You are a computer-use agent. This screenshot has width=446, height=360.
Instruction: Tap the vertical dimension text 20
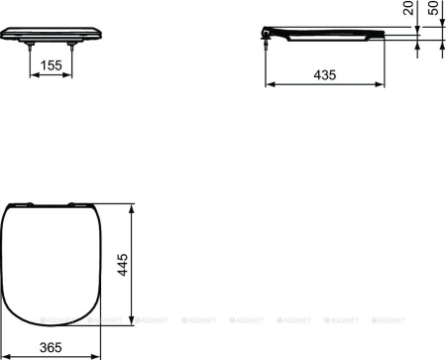pos(408,14)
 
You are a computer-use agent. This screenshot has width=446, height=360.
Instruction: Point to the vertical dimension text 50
pos(434,14)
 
